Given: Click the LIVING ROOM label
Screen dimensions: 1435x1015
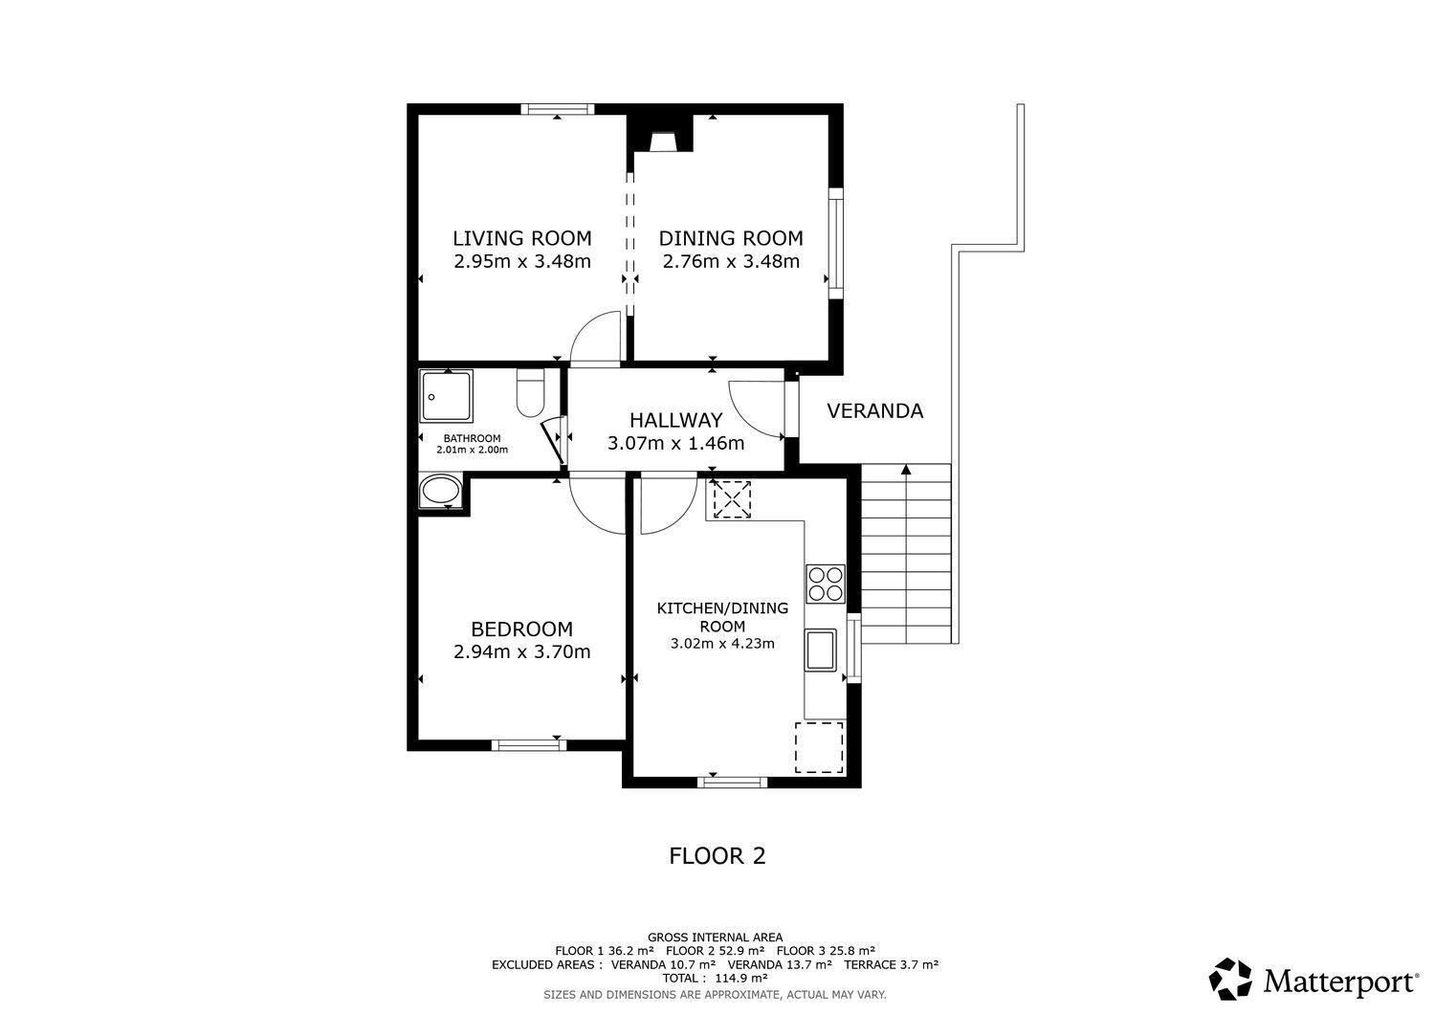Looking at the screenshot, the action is click(x=522, y=238).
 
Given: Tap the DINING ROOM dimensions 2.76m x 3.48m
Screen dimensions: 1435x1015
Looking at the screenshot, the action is click(x=731, y=261).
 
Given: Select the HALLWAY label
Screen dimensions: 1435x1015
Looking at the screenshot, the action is click(x=675, y=420).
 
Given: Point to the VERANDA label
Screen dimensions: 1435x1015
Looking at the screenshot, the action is click(x=874, y=410).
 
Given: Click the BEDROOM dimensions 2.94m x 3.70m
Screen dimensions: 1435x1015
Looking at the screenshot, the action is click(x=522, y=651).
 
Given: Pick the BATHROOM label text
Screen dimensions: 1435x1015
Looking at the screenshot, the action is click(x=473, y=438).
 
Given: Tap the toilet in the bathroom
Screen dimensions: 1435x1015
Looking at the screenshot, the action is click(x=530, y=393).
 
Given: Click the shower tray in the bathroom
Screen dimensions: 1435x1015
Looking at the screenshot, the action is click(x=447, y=396).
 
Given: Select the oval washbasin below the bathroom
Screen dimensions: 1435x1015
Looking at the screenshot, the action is click(x=441, y=492).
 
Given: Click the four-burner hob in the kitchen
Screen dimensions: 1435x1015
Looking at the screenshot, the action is click(x=825, y=584).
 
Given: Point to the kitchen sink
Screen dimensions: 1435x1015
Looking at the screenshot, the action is click(x=821, y=651).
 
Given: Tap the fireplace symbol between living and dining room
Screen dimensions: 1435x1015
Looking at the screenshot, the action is click(x=660, y=143).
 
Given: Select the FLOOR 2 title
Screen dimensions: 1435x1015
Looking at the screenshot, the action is click(x=717, y=856).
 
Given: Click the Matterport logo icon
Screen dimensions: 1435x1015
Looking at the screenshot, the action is click(x=1230, y=979).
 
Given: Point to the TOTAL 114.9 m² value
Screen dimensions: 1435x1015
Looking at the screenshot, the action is click(x=715, y=978).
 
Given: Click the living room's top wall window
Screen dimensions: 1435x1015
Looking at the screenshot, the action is click(x=558, y=110).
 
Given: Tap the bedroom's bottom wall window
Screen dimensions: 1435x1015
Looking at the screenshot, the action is click(x=528, y=745).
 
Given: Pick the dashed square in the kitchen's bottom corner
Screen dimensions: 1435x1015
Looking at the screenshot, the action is click(x=819, y=748).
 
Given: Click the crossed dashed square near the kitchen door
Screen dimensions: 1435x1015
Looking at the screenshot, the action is click(x=732, y=499).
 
